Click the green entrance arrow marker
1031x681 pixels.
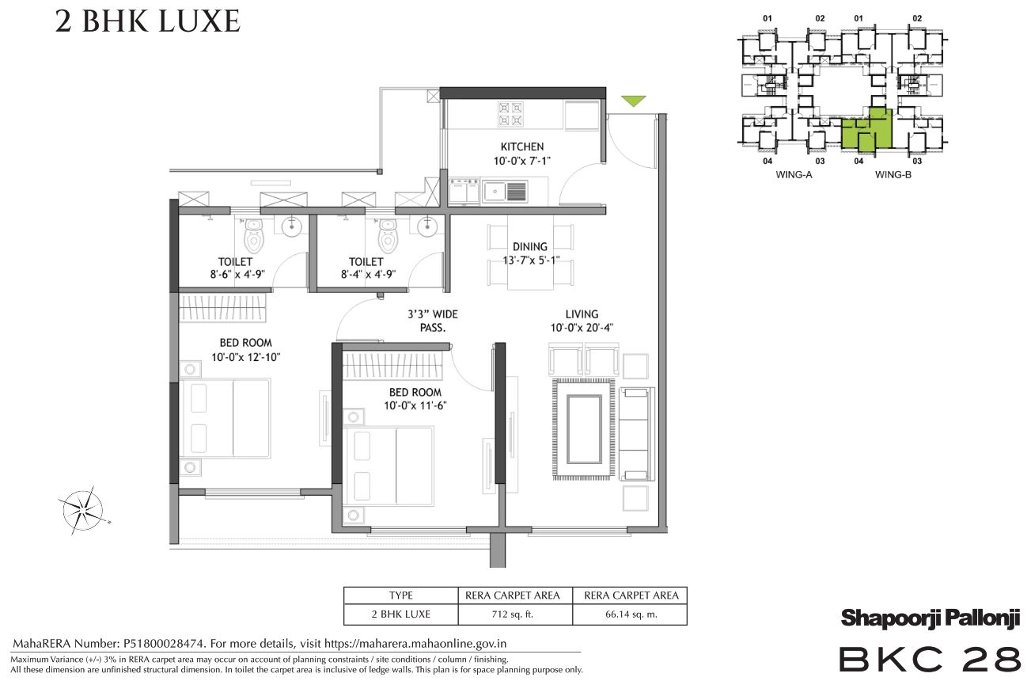[633, 101]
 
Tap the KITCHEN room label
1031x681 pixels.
[522, 146]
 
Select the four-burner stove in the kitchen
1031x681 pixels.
[510, 114]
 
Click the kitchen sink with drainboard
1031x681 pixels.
[505, 190]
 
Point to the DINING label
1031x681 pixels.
[530, 246]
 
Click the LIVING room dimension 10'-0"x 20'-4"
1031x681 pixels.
[582, 328]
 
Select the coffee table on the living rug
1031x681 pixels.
[584, 429]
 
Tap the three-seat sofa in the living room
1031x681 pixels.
[636, 434]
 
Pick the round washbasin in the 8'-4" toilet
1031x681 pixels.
[427, 226]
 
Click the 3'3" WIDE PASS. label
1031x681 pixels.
[433, 321]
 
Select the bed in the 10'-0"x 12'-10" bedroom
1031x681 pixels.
[225, 418]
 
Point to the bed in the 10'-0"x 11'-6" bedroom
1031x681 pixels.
[388, 466]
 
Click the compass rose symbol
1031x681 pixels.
[84, 510]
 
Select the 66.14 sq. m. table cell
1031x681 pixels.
[630, 614]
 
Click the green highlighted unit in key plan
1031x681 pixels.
[867, 130]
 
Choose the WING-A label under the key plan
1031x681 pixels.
[794, 175]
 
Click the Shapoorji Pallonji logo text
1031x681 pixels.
[931, 618]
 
